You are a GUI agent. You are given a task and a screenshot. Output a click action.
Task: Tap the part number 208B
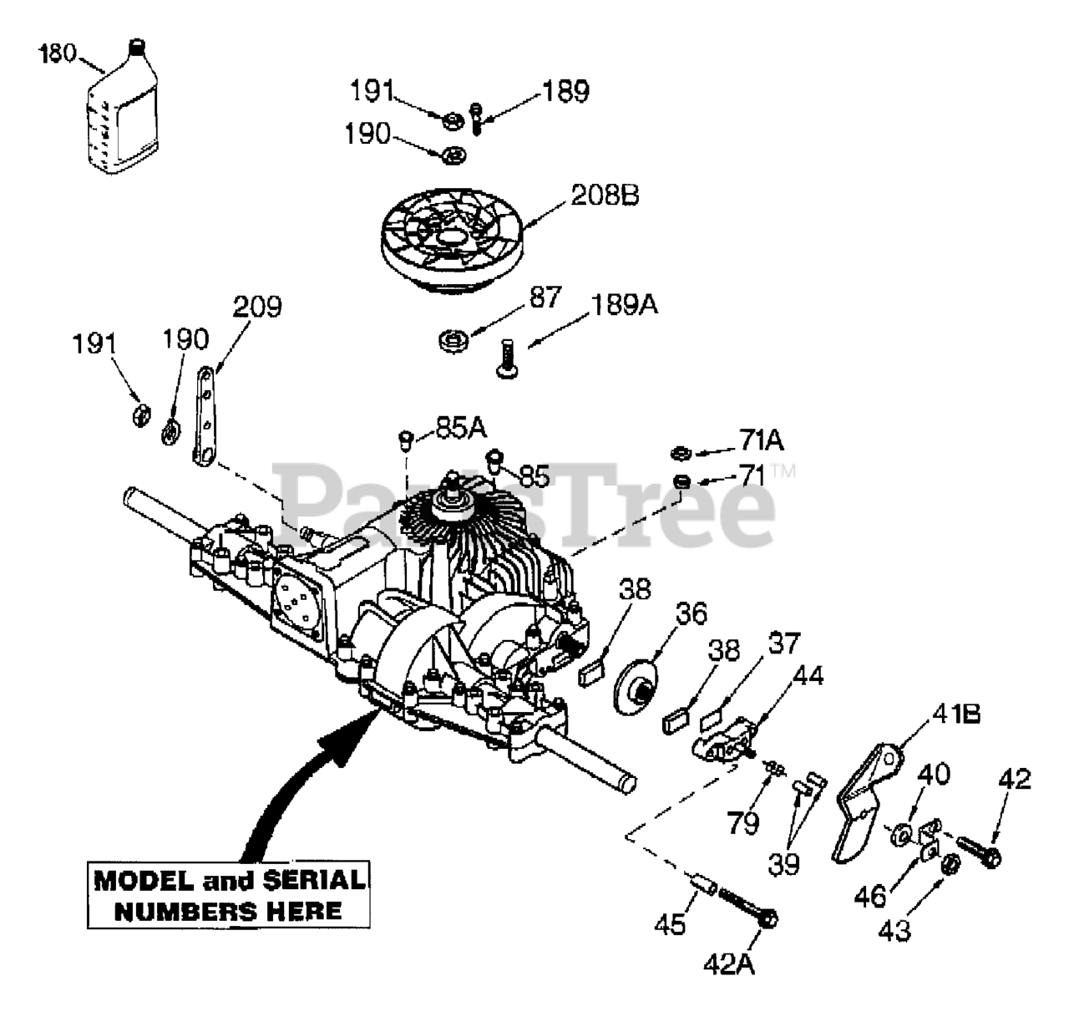[x=605, y=196]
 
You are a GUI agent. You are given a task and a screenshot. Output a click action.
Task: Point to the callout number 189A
[x=624, y=305]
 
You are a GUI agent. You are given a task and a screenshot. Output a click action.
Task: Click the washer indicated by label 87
[x=453, y=342]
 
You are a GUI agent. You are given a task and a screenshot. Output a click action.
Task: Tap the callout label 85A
[x=461, y=429]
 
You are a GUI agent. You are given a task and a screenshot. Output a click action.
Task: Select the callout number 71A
[x=761, y=440]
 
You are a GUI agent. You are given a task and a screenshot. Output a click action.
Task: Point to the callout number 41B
[x=956, y=714]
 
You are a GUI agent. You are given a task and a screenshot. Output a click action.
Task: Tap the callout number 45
[x=670, y=924]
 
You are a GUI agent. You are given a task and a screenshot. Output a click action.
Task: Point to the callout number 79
[x=743, y=823]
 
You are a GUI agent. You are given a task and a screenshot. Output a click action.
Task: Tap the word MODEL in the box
[x=144, y=881]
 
